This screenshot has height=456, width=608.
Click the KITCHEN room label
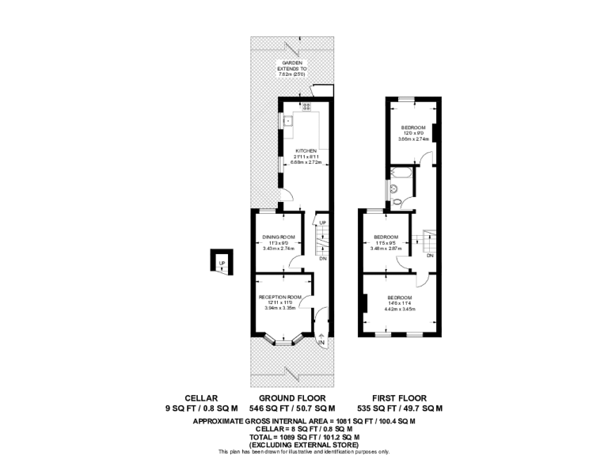coord(306,151)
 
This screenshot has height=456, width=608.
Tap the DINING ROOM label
coord(279,237)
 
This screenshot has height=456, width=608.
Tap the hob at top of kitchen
coord(306,105)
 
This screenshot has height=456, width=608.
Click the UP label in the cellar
coord(222,263)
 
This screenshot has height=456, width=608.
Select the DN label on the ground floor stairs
coord(322,259)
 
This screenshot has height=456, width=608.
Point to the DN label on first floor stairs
coord(429,256)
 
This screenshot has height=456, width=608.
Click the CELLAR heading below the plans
coord(200,398)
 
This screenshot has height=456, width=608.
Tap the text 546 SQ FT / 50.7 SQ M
coord(291,408)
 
